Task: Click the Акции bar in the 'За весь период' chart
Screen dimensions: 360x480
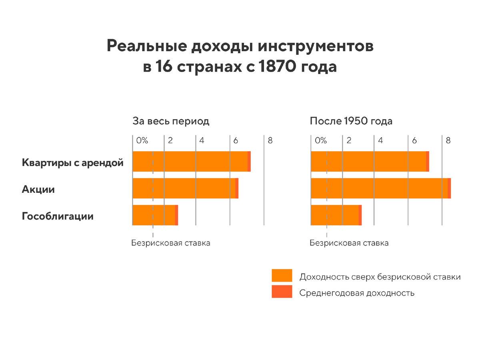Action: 185,188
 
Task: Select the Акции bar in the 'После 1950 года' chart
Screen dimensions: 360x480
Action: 380,188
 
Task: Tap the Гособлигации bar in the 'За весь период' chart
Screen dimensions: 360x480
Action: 155,215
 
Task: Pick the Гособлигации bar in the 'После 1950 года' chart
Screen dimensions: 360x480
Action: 336,215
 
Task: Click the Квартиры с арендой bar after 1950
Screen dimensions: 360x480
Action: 370,162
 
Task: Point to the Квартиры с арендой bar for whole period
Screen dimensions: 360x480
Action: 191,162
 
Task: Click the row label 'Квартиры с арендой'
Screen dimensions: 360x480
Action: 72,163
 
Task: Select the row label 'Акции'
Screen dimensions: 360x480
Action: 38,190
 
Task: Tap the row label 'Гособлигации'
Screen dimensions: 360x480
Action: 58,216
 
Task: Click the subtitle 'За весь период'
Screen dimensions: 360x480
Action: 171,121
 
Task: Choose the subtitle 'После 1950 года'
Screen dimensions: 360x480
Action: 351,121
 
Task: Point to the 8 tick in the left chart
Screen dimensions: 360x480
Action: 270,140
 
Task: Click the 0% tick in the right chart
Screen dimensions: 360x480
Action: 321,140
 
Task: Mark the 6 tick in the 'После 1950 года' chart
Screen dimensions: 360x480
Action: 414,140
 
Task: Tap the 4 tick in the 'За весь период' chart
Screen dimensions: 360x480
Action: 202,140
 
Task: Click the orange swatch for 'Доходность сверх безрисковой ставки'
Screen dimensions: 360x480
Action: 282,276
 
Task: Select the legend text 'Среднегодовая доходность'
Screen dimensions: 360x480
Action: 357,293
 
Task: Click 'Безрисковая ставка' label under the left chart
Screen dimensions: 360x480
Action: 171,243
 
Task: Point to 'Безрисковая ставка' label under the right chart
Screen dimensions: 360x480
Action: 349,243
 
